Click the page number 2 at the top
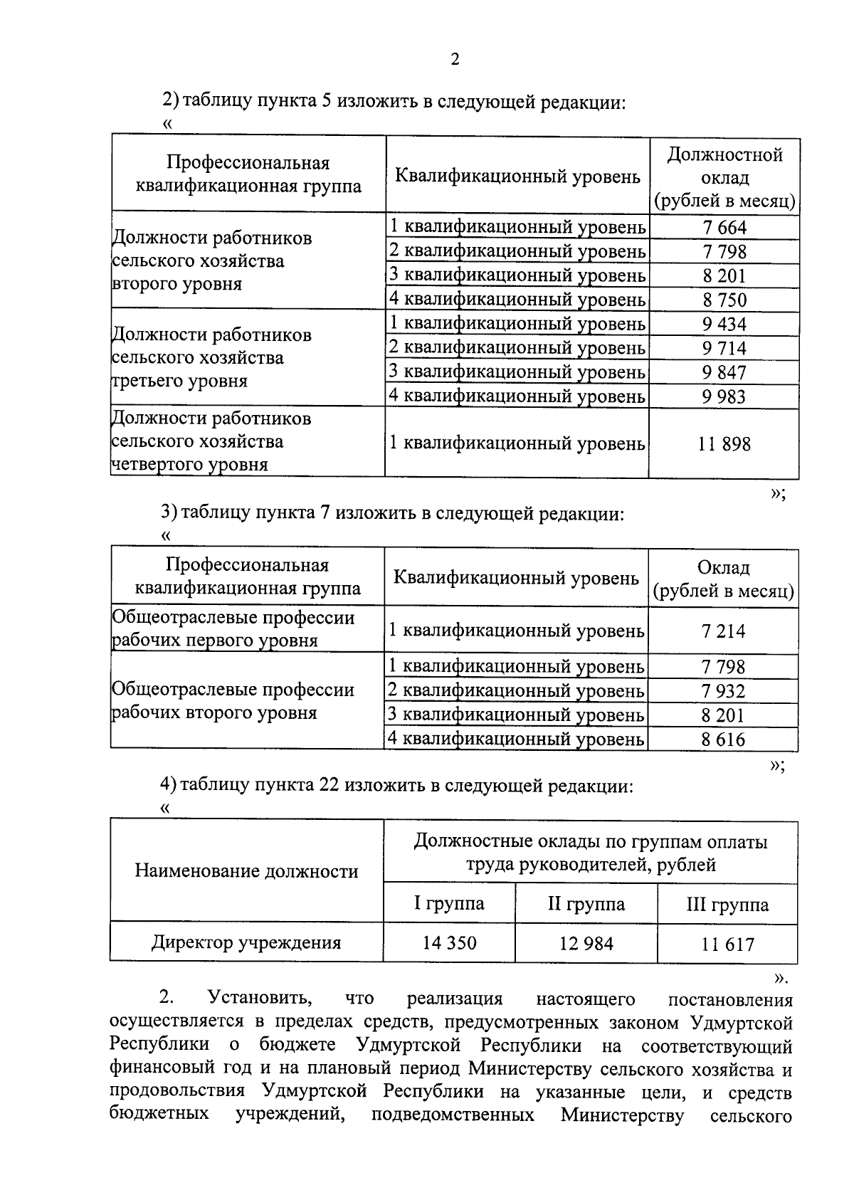click(455, 59)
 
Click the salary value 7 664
click(724, 228)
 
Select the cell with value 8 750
click(724, 300)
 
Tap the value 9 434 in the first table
click(724, 325)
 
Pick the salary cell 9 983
click(724, 396)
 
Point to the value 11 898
click(724, 444)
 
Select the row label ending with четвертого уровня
click(212, 441)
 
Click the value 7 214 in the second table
click(723, 631)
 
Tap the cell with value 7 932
click(723, 691)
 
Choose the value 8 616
click(723, 740)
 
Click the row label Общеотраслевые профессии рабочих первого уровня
click(233, 628)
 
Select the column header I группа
click(449, 904)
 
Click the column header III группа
click(727, 905)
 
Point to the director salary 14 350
click(449, 943)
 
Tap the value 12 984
click(586, 944)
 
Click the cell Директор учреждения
click(246, 943)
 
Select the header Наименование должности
click(246, 871)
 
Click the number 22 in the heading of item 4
click(332, 786)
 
